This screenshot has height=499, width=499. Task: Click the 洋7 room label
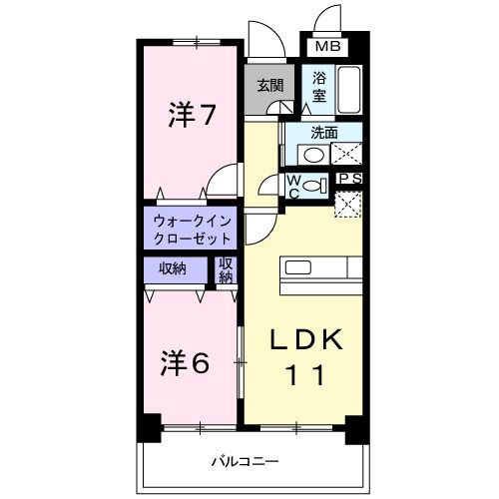tap(193, 116)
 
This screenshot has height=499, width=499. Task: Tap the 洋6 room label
tap(187, 362)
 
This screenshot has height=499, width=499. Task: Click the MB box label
tap(326, 47)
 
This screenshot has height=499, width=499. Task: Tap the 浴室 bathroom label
tap(319, 86)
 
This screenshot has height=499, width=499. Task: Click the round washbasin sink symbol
tap(313, 155)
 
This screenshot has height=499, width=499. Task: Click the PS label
tap(349, 179)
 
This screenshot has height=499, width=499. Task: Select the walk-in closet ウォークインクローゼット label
tap(193, 230)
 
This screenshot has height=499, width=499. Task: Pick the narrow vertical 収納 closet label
tap(226, 269)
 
